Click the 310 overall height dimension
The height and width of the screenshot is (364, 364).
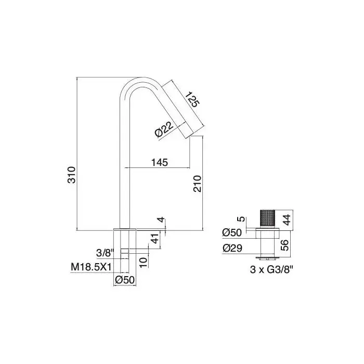click(72, 175)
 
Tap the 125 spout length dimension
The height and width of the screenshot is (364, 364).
click(192, 99)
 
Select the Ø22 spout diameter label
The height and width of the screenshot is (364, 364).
click(164, 129)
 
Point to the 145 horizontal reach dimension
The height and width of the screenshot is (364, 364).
click(160, 162)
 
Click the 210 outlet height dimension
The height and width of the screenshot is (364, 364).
click(197, 184)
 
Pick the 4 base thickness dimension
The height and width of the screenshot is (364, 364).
click(161, 219)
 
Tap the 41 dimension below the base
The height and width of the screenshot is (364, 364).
click(155, 238)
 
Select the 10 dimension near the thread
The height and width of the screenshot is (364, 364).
click(144, 262)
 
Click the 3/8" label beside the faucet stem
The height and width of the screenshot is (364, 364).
click(106, 253)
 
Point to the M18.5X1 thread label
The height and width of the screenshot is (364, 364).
click(91, 267)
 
